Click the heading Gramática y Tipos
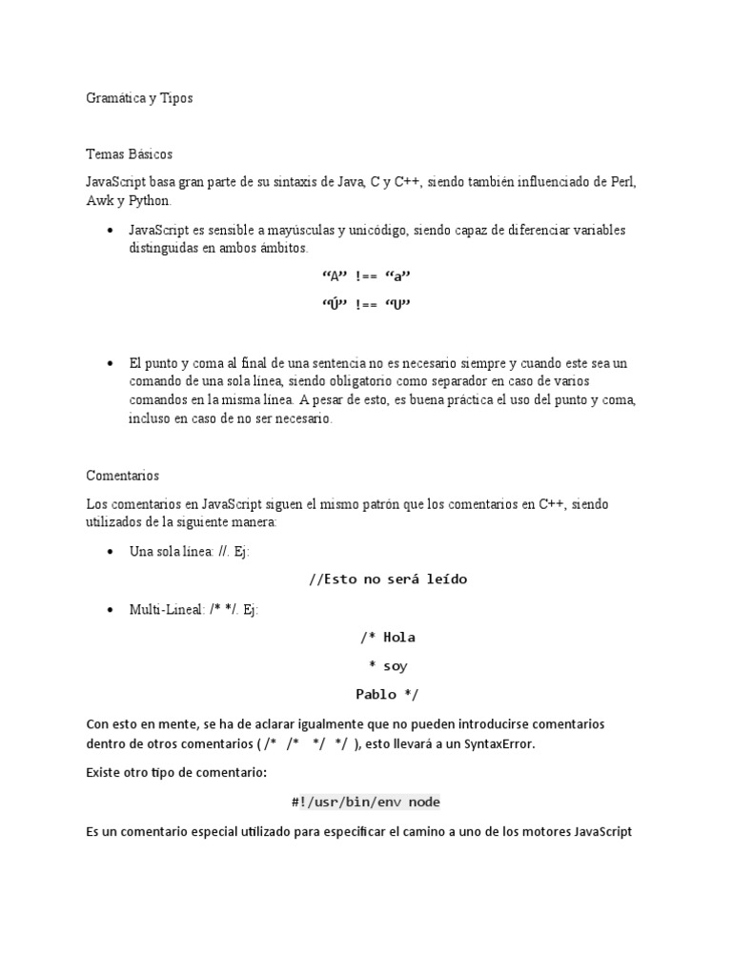pos(139,98)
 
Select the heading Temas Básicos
pos(129,153)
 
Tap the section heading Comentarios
pos(123,475)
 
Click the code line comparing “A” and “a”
pos(367,276)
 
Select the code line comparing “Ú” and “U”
pos(367,305)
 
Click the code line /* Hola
pos(388,638)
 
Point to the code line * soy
pos(388,666)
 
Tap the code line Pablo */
pos(386,695)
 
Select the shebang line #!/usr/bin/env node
pos(366,803)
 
